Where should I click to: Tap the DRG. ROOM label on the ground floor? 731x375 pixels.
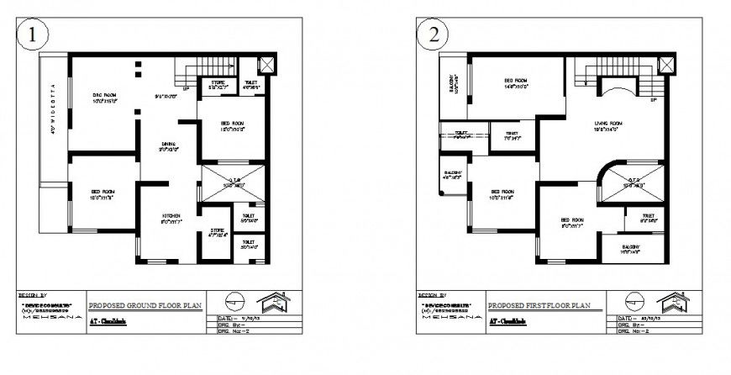pyautogui.click(x=104, y=97)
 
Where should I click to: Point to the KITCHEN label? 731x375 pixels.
pyautogui.click(x=171, y=216)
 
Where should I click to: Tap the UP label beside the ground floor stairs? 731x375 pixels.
pyautogui.click(x=185, y=87)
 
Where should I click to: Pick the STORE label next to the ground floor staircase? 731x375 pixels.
pyautogui.click(x=218, y=82)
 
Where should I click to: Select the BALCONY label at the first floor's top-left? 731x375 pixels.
pyautogui.click(x=454, y=84)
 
